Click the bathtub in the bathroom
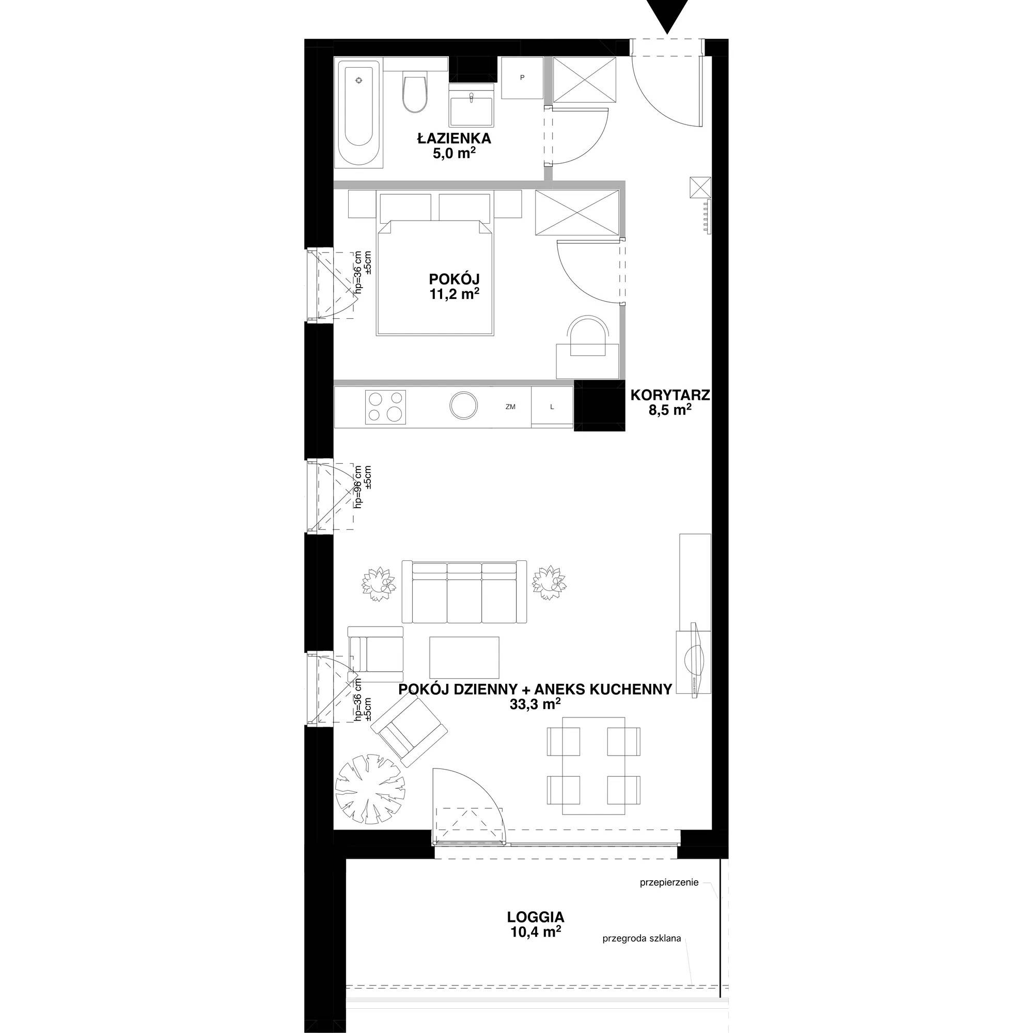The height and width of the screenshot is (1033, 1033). (x=359, y=114)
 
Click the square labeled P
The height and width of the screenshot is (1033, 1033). (x=522, y=78)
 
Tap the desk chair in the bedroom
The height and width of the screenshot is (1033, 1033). (x=588, y=335)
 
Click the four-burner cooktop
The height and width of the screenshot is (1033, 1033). (x=385, y=406)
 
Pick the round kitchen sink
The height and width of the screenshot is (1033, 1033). (x=463, y=406)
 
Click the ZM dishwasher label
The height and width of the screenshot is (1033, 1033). (x=510, y=407)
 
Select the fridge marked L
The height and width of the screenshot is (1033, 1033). (x=552, y=407)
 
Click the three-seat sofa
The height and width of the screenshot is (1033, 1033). (x=464, y=592)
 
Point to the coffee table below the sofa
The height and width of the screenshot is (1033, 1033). (x=464, y=656)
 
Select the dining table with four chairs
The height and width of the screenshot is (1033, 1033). (x=593, y=765)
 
